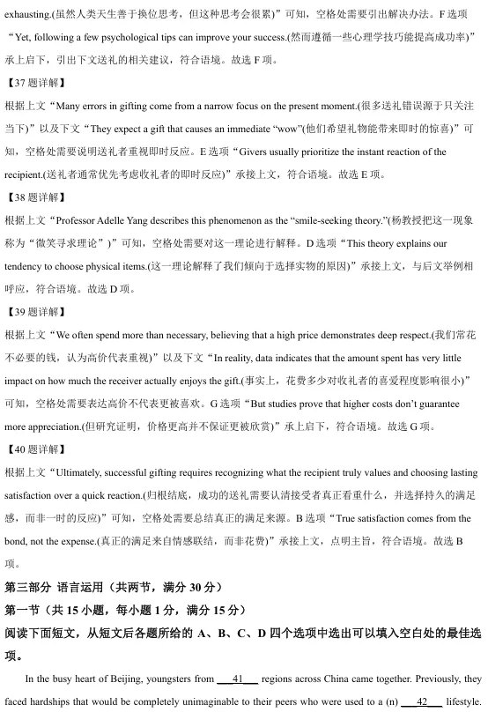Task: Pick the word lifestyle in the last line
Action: tap(463, 702)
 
